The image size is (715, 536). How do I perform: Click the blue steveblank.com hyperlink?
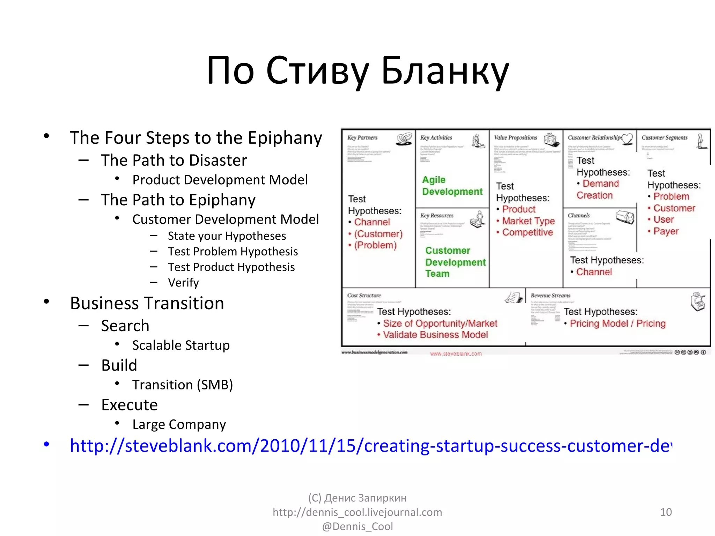[370, 446]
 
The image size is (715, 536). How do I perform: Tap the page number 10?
[666, 512]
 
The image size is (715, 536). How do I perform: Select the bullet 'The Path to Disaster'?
[174, 161]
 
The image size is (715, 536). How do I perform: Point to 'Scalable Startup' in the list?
[181, 345]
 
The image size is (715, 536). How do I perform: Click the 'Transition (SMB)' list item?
[182, 385]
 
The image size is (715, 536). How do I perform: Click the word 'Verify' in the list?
[183, 283]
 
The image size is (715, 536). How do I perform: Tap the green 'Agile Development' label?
[452, 186]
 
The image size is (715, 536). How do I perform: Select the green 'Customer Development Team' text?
[455, 262]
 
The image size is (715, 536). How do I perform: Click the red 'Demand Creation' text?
[597, 189]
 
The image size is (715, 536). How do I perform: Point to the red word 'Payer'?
[666, 231]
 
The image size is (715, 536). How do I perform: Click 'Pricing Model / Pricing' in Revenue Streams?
[617, 323]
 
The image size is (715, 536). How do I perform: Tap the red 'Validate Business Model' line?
[435, 335]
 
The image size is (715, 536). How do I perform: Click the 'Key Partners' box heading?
[362, 138]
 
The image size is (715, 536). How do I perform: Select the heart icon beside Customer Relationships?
[627, 139]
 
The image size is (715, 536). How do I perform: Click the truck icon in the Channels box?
[625, 217]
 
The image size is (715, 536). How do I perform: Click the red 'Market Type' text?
[528, 221]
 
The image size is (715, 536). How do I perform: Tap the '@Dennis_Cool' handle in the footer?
[357, 526]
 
